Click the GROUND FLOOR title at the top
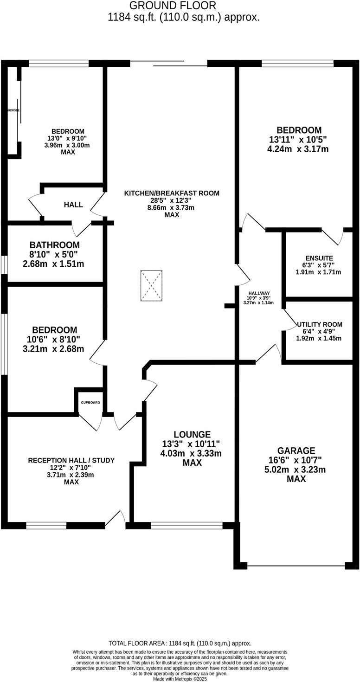(x=173, y=6)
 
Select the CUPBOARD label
(x=90, y=402)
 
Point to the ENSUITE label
(x=319, y=258)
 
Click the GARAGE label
(x=296, y=450)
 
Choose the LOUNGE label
(x=192, y=435)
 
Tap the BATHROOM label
(x=54, y=244)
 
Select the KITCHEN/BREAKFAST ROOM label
(x=172, y=193)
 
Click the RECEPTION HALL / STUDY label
(x=71, y=460)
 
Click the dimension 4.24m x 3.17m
(x=299, y=149)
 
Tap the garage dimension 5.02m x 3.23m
(x=296, y=470)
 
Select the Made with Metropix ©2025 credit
(x=180, y=679)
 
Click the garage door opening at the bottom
(x=296, y=566)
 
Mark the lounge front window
(x=186, y=525)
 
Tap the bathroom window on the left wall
(x=4, y=265)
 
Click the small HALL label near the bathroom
(x=73, y=205)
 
